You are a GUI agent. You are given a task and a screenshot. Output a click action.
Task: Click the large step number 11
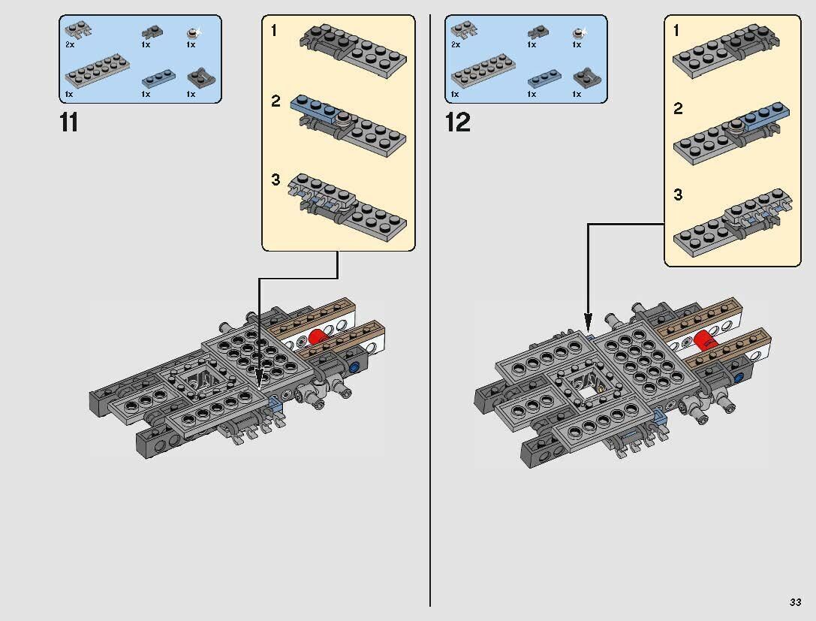click(68, 122)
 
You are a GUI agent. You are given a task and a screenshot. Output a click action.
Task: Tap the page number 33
click(795, 602)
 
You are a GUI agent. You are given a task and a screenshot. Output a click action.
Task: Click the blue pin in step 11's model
click(354, 367)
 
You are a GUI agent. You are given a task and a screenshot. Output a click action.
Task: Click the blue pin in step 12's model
click(739, 378)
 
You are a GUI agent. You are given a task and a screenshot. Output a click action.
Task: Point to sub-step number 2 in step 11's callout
click(276, 101)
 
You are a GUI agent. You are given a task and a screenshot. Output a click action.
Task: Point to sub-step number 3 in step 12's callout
click(678, 195)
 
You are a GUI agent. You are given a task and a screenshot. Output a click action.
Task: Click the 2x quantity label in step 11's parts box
click(70, 45)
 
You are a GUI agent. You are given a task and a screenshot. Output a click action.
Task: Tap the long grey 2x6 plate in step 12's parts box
click(480, 74)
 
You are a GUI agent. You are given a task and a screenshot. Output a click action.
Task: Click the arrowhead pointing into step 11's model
click(260, 379)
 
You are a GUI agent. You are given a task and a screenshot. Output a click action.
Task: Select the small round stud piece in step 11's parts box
click(192, 33)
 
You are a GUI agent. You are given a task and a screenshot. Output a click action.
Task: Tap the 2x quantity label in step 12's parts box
click(456, 45)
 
